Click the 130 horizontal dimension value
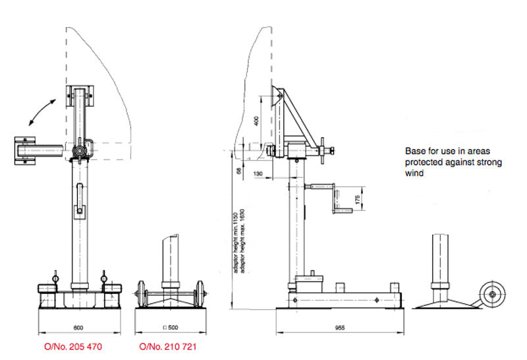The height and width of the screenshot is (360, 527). pos(258,173)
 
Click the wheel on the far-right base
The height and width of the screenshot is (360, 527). pos(491,295)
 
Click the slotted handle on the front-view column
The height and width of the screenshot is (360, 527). pos(80,199)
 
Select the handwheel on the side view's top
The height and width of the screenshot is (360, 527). pos(322,150)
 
